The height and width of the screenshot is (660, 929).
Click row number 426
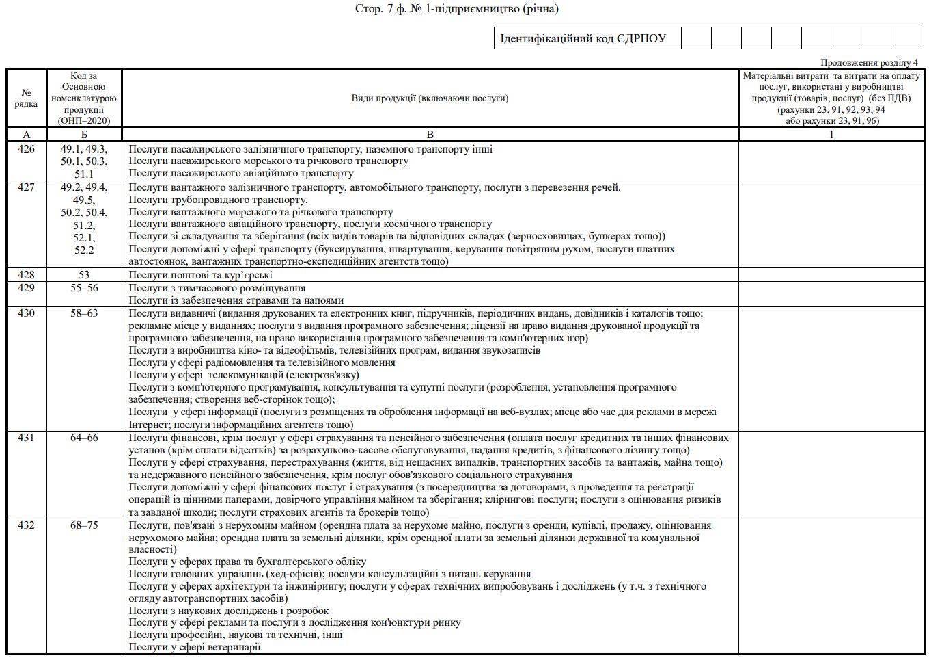[x=26, y=149]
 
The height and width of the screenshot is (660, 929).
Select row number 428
[x=26, y=275]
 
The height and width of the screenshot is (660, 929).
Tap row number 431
[x=26, y=438]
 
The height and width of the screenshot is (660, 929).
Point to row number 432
[x=26, y=525]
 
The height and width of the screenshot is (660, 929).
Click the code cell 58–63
[x=84, y=313]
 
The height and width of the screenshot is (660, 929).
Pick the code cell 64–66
[x=84, y=438]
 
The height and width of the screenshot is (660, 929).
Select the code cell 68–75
[x=84, y=525]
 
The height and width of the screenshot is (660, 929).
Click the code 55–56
[x=84, y=288]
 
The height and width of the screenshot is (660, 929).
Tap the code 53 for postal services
[x=84, y=275]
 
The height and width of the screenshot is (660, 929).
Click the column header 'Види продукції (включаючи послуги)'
[x=430, y=98]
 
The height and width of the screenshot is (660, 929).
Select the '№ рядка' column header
[x=26, y=98]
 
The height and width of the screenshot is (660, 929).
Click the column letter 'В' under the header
[x=430, y=135]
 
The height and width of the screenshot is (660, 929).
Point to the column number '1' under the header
[x=831, y=135]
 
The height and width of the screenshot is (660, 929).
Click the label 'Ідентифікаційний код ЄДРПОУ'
[x=583, y=38]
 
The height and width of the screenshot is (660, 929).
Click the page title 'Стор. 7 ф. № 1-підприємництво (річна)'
[x=456, y=9]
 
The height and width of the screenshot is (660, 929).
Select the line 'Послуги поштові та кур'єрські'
[x=200, y=275]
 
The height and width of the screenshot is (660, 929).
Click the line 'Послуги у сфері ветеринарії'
[x=195, y=647]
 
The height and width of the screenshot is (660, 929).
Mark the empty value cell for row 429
[x=831, y=294]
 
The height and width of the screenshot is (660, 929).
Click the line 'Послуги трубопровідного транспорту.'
[x=218, y=200]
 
